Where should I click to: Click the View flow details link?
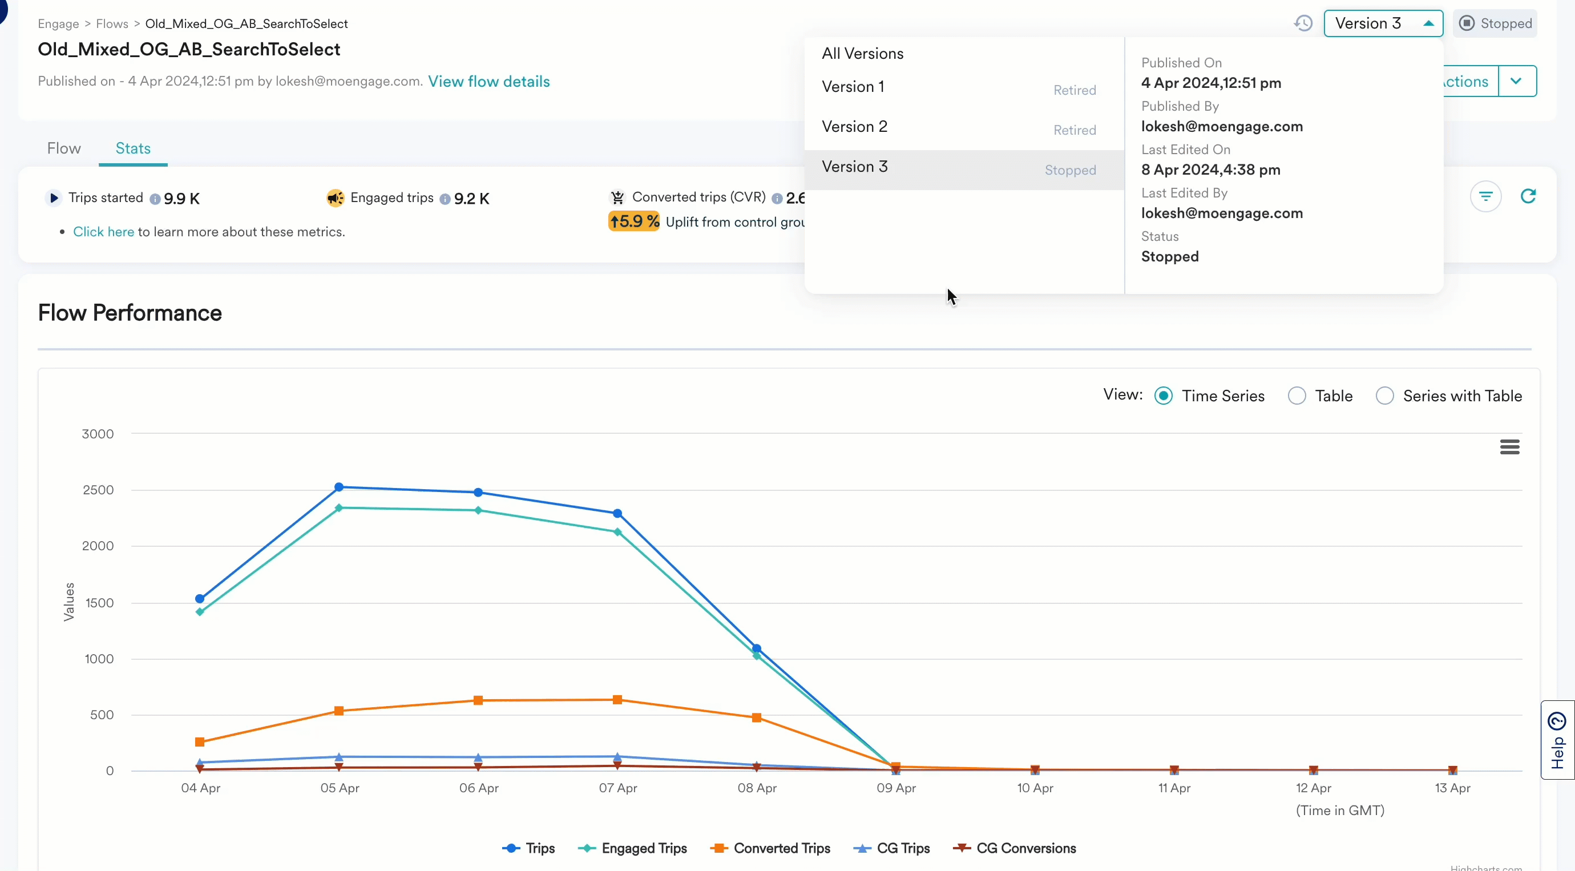coord(488,82)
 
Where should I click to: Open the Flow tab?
coord(63,148)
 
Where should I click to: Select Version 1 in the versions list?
coord(853,87)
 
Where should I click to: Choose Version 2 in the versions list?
coord(854,127)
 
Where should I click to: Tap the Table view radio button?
coord(1296,396)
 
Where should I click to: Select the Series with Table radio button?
coord(1384,396)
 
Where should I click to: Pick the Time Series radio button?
coord(1163,396)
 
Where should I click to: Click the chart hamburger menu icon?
coord(1509,447)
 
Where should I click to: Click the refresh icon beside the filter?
coord(1528,196)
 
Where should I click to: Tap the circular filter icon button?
coord(1485,196)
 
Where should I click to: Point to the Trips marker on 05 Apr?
coord(339,487)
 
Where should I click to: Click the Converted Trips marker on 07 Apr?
coord(617,700)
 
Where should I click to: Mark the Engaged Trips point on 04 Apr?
coord(199,612)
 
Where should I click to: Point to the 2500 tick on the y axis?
coord(98,490)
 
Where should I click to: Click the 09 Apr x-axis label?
coord(896,788)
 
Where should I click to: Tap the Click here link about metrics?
coord(103,232)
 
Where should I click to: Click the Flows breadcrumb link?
coord(112,24)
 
